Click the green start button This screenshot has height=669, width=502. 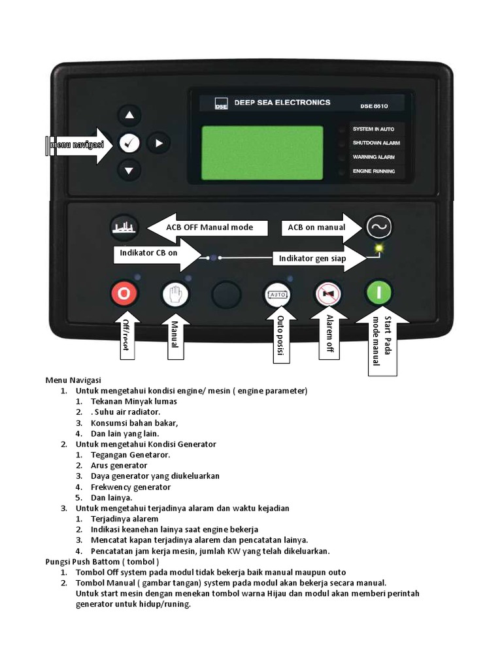378,293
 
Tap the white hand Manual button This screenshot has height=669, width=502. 175,294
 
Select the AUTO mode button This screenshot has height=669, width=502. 278,295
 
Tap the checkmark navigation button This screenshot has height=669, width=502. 129,142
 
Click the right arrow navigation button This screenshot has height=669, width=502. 158,142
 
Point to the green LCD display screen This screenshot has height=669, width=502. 262,152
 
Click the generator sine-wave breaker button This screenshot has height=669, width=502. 378,227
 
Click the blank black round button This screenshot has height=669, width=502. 226,295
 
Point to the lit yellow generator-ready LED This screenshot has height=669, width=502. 378,248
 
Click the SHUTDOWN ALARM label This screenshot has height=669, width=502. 376,143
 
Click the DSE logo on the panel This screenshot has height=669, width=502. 220,103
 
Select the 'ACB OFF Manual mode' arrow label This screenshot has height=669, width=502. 209,227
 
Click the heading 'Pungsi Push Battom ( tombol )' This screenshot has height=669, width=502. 102,561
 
